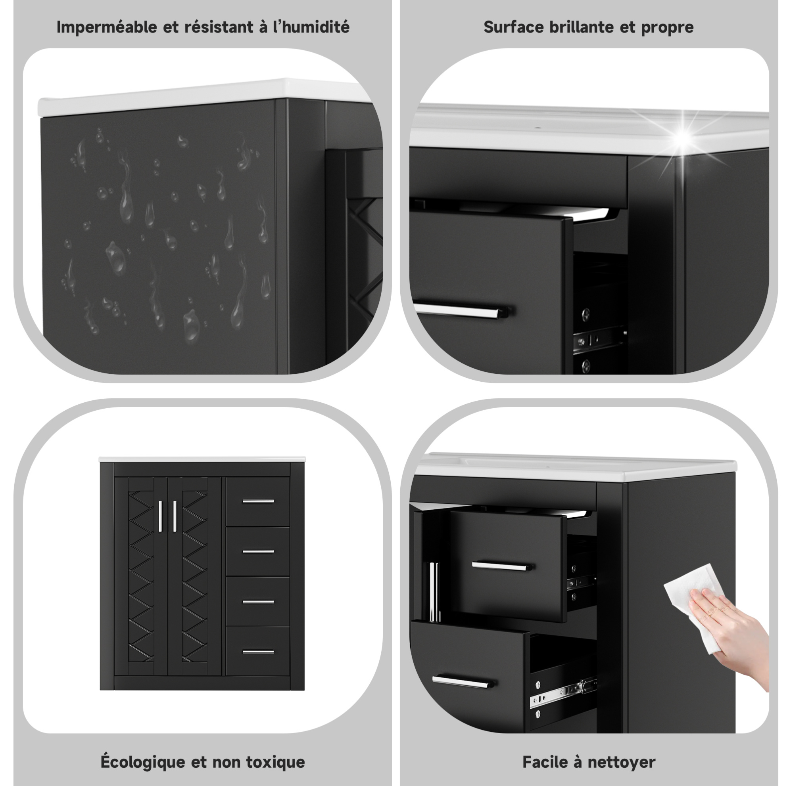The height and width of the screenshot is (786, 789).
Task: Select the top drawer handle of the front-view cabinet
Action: (x=258, y=501)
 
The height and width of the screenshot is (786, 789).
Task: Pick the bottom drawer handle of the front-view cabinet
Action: (x=258, y=651)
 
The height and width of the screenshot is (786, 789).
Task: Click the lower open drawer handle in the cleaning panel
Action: (x=463, y=681)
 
